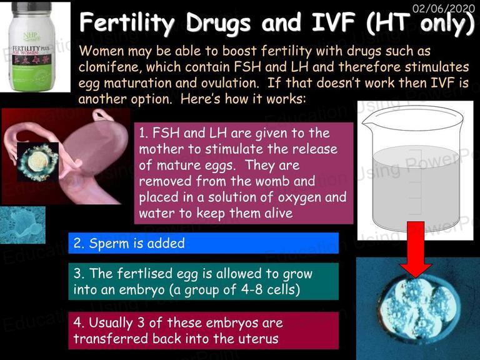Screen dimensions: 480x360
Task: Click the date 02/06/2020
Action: coord(443,7)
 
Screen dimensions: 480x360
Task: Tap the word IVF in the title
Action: coord(334,22)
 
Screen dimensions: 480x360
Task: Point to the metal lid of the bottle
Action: coord(31,9)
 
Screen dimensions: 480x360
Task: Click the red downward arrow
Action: coord(416,249)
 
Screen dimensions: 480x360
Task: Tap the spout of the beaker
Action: coord(367,121)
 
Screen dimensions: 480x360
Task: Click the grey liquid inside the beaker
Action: coord(416,187)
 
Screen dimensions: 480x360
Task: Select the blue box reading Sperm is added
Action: coord(203,243)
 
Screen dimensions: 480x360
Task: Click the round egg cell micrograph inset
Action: coord(37,162)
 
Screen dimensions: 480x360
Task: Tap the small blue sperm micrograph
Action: coord(22,225)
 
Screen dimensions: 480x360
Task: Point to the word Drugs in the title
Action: coord(218,23)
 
